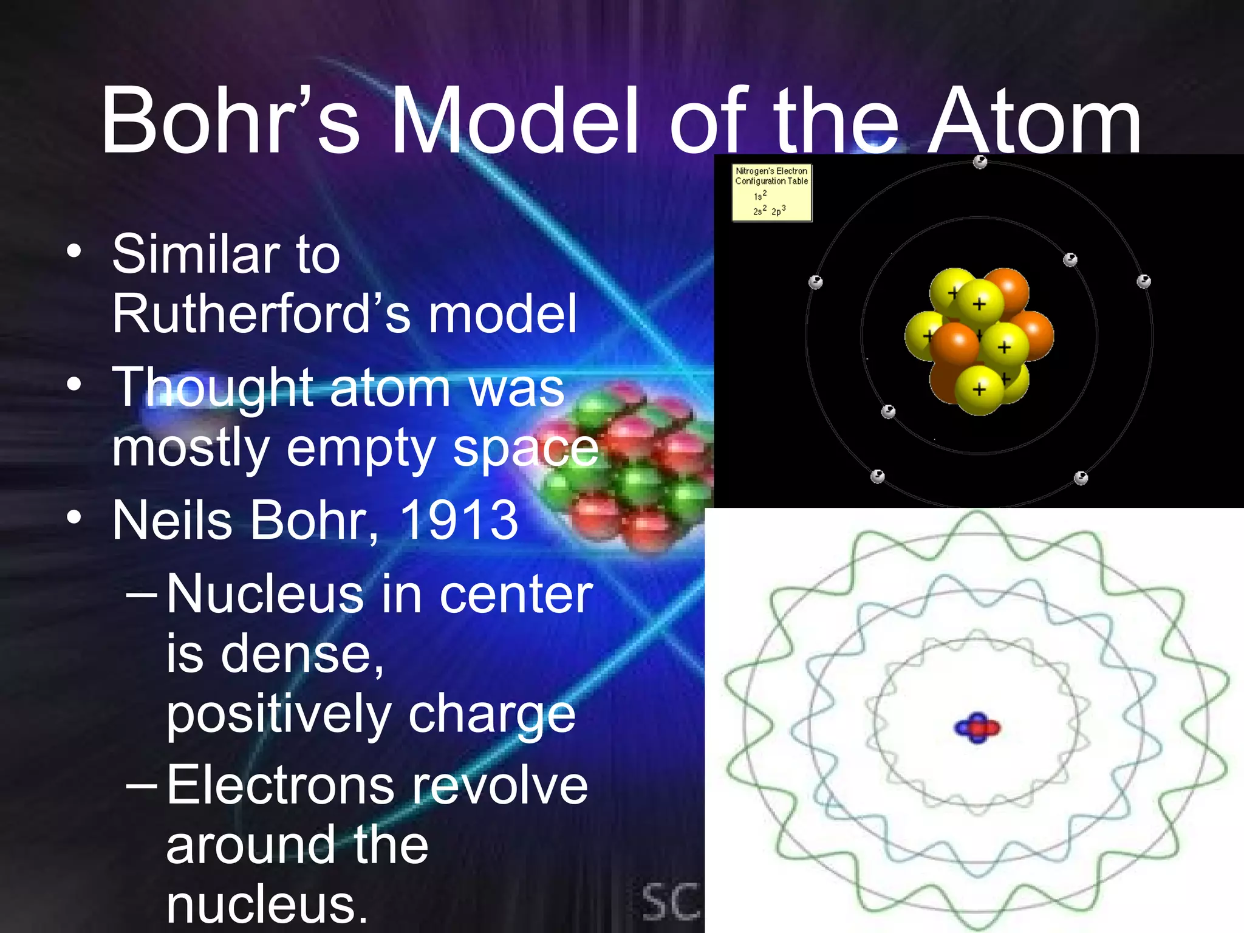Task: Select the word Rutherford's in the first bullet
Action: pyautogui.click(x=248, y=313)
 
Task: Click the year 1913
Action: pyautogui.click(x=459, y=520)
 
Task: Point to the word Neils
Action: pyautogui.click(x=172, y=520)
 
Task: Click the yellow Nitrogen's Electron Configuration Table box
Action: pyautogui.click(x=771, y=192)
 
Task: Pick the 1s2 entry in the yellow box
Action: pyautogui.click(x=760, y=196)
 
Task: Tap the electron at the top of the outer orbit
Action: pyautogui.click(x=980, y=162)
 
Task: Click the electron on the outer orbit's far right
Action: pyautogui.click(x=1144, y=281)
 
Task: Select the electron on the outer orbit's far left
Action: pyautogui.click(x=816, y=282)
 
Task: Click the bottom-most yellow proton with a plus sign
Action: pyautogui.click(x=979, y=390)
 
